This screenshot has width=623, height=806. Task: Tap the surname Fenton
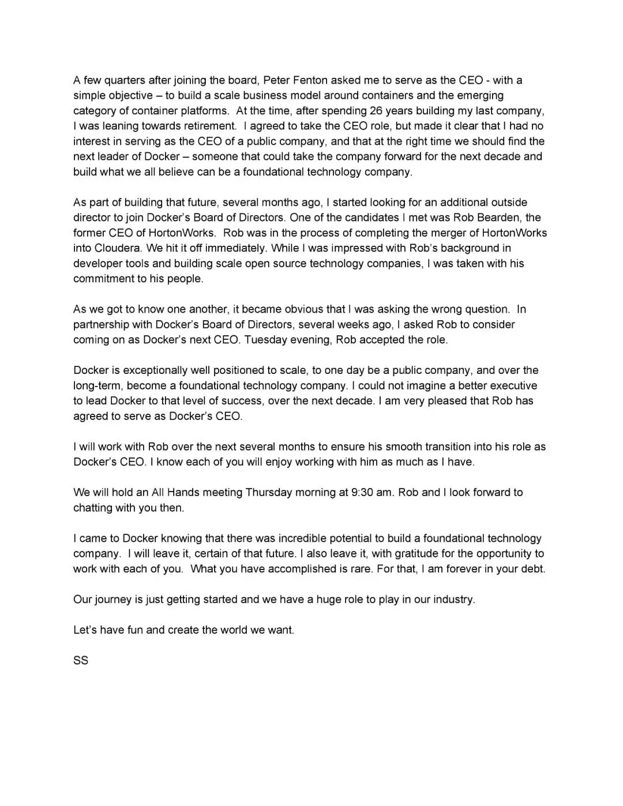(311, 80)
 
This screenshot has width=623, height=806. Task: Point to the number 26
(368, 111)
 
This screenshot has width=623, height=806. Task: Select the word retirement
(207, 126)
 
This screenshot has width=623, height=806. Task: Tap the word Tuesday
(266, 340)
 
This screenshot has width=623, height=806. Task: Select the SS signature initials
(81, 661)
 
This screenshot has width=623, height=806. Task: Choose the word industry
(453, 599)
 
